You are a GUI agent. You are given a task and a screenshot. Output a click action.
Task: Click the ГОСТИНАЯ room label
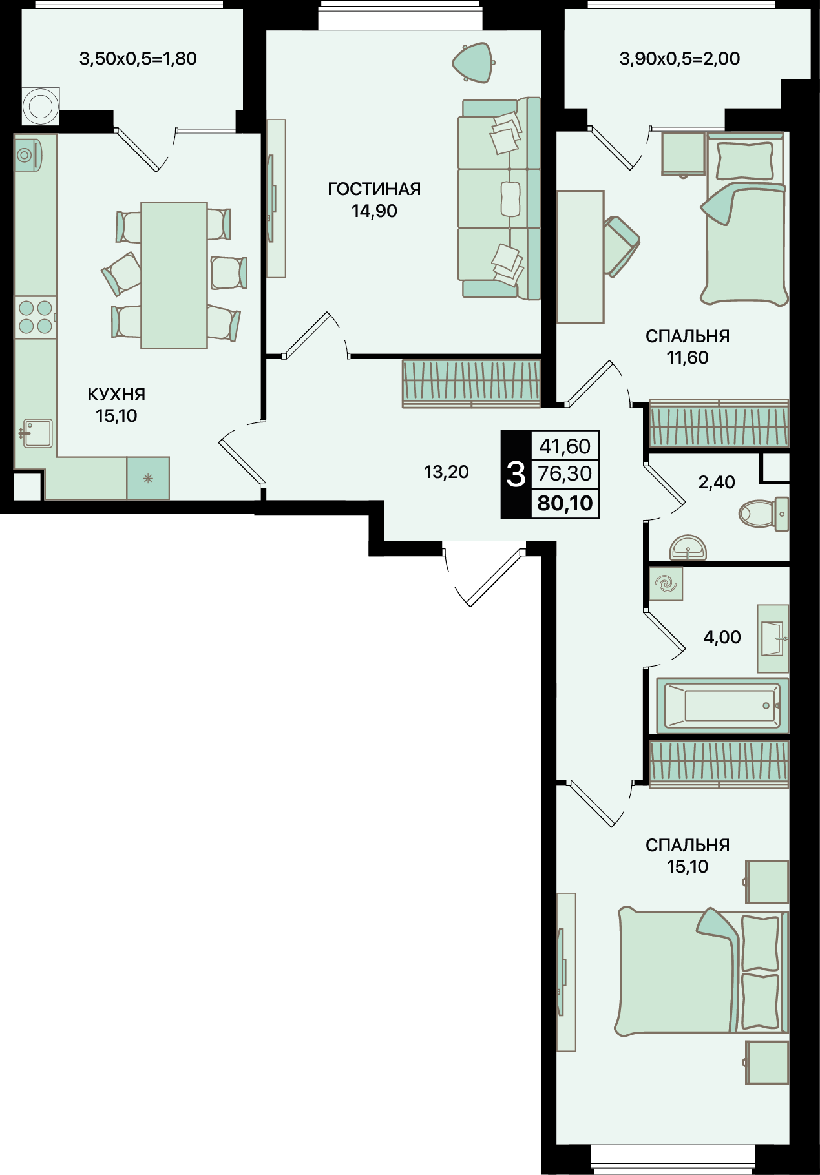click(374, 189)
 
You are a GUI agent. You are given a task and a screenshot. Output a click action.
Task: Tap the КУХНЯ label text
click(116, 394)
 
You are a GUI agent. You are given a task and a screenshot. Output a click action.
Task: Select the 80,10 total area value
click(565, 503)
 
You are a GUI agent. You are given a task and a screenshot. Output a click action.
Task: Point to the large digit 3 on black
click(516, 475)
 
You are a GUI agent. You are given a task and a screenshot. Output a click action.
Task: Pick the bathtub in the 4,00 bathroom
click(722, 705)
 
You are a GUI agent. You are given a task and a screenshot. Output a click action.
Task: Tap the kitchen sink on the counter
click(37, 433)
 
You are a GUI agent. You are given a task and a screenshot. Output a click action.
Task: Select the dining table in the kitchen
click(174, 275)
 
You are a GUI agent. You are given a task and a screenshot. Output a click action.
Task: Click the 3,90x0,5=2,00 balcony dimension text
click(680, 59)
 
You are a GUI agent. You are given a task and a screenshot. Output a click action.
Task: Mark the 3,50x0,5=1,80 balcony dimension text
click(138, 59)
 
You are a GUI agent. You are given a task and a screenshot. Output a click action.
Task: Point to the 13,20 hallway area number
click(447, 472)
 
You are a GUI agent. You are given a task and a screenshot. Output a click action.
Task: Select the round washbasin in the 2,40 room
click(688, 548)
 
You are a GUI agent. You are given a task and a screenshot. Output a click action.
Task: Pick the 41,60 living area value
click(565, 446)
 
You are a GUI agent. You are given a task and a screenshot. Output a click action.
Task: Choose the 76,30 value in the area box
click(565, 473)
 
